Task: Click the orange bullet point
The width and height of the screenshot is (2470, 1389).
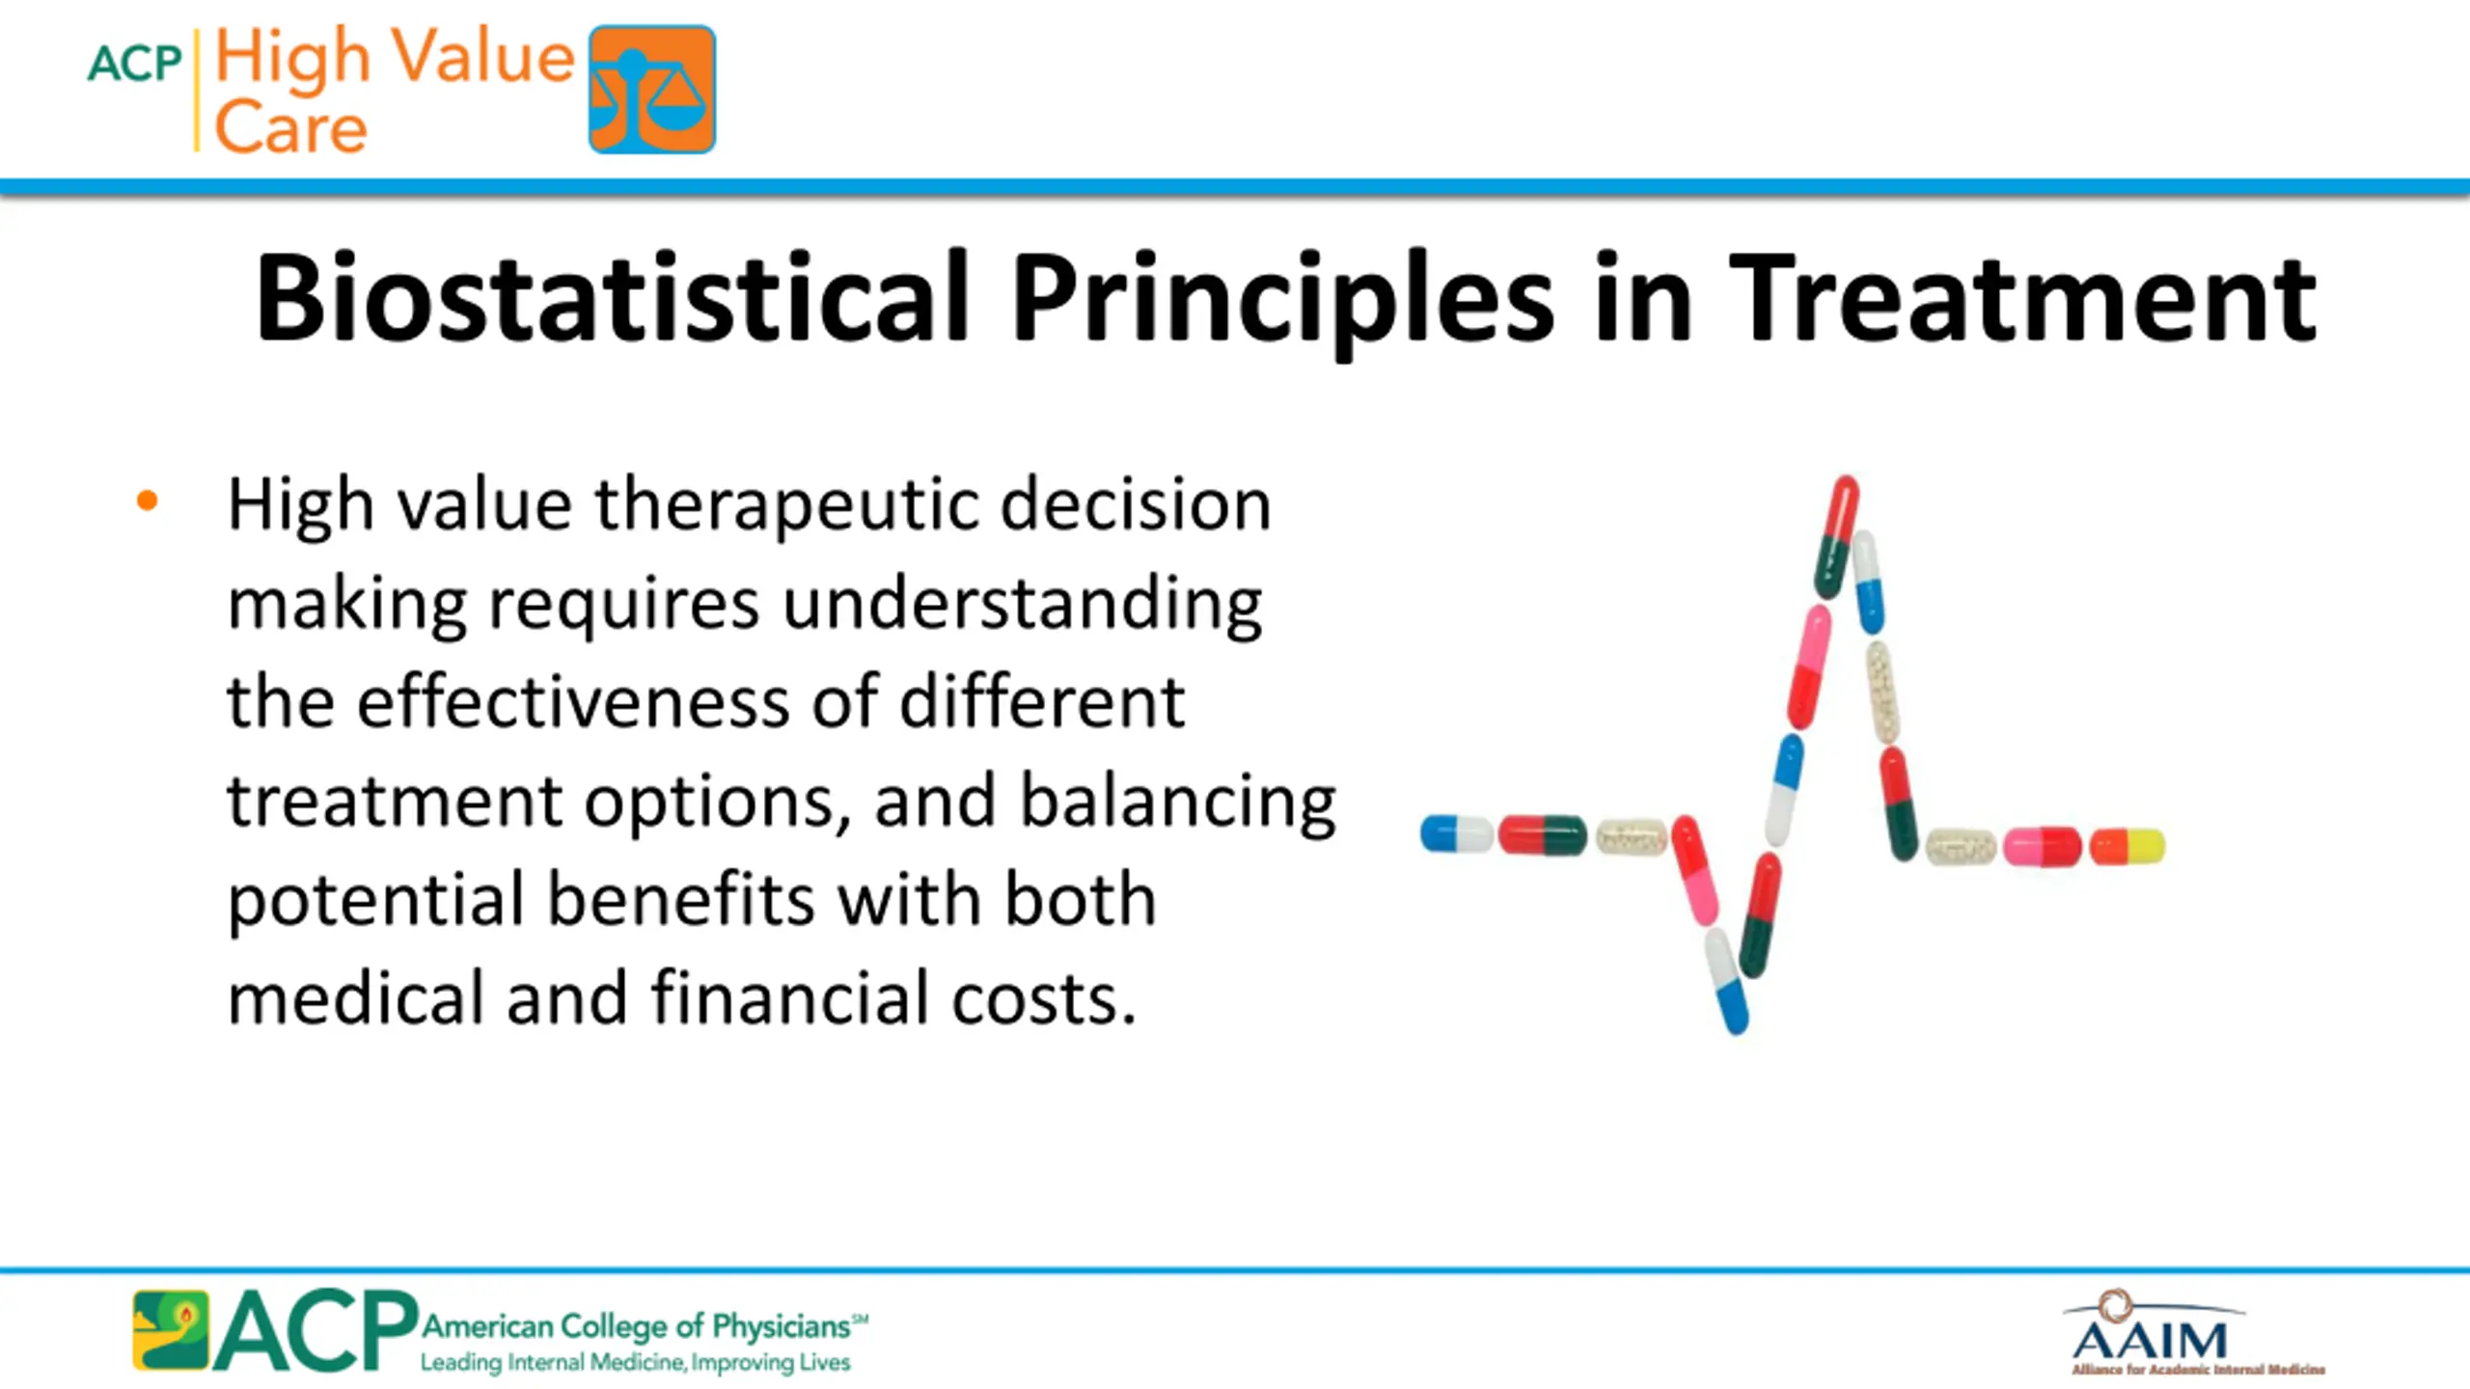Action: click(147, 500)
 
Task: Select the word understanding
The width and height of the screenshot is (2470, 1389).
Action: click(1023, 606)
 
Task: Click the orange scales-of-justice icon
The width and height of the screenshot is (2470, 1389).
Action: click(652, 89)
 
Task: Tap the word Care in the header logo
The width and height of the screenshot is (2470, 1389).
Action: click(290, 126)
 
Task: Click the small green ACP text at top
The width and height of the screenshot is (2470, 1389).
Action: click(134, 64)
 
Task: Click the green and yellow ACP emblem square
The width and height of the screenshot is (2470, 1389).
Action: click(171, 1330)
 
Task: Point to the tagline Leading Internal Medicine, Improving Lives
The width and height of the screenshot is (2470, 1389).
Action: click(635, 1363)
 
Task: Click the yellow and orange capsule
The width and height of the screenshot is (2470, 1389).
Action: click(2127, 847)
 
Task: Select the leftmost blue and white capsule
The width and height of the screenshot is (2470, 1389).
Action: click(1457, 834)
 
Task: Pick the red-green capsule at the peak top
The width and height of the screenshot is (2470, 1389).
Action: click(1836, 536)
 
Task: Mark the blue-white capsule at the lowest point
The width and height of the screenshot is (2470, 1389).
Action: click(1726, 980)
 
